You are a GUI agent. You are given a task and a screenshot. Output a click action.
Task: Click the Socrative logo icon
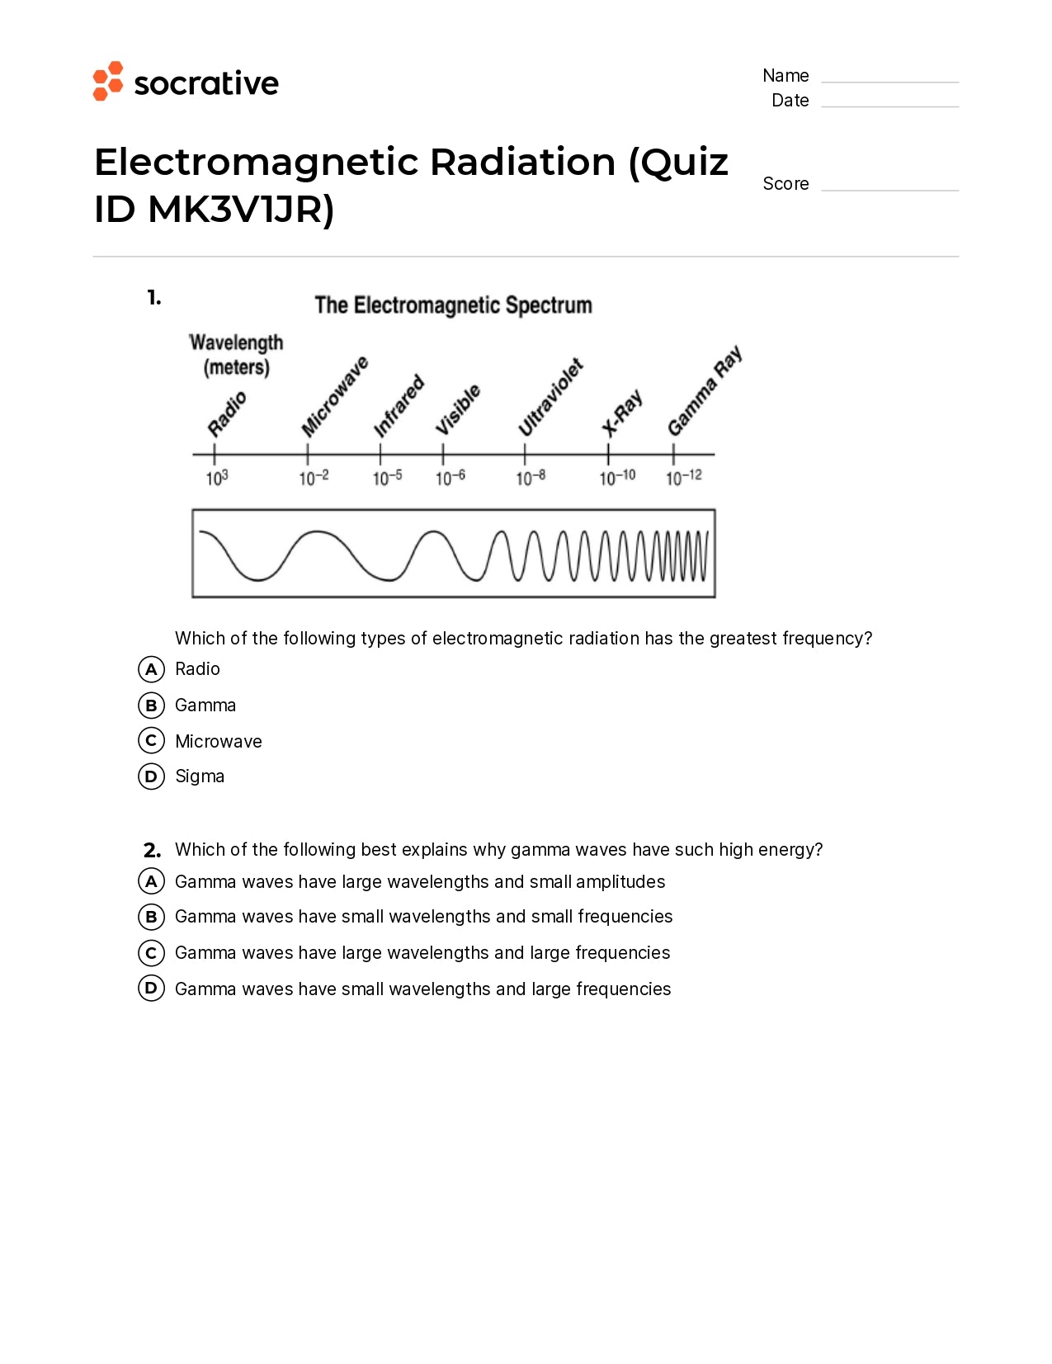tap(108, 82)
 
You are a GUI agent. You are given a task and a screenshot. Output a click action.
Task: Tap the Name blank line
tap(889, 80)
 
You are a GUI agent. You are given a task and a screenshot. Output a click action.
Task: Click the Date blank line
tap(889, 105)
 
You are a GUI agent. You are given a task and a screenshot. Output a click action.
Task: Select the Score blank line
tap(889, 189)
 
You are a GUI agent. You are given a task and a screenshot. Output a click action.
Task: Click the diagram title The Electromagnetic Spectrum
tap(453, 305)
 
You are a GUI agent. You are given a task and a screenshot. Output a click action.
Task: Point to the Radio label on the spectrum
tap(227, 413)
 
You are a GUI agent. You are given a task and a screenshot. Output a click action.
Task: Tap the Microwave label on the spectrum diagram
tap(334, 396)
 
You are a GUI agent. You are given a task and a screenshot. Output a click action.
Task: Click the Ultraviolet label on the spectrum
tap(550, 397)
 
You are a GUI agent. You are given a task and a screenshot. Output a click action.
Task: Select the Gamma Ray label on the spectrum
tap(705, 390)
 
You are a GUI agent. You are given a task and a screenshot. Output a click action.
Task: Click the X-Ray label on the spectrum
tap(621, 413)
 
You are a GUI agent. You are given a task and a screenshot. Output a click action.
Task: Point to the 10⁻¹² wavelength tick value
tap(684, 477)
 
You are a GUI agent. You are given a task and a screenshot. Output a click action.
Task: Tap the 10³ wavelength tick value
tap(217, 478)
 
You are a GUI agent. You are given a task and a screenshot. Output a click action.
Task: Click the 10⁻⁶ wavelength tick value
tap(451, 478)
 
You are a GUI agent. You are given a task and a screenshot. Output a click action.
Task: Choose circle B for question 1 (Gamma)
tap(151, 706)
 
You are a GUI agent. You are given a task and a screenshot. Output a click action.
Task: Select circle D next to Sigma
tap(151, 776)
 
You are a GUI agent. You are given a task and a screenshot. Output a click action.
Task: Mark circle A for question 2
tap(151, 881)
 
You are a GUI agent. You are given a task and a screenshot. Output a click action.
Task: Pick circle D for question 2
tap(151, 988)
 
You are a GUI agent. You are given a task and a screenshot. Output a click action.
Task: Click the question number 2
tap(152, 850)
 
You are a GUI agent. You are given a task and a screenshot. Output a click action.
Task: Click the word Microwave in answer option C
tap(219, 741)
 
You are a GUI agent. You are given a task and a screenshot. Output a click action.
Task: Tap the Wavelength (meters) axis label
tap(237, 355)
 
